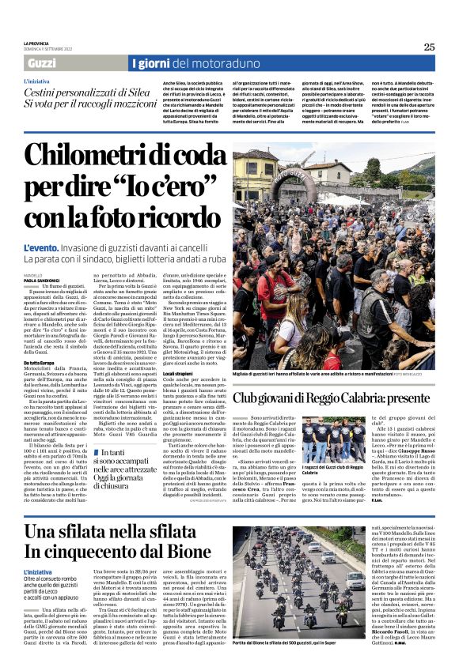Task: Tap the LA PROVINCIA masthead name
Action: click(x=36, y=43)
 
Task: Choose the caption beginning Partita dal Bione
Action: click(x=309, y=665)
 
